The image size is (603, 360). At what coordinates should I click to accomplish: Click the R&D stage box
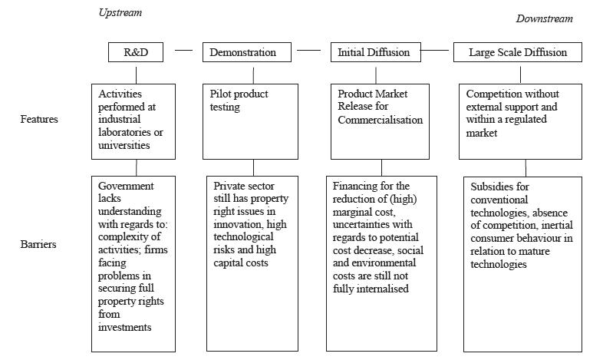tap(136, 52)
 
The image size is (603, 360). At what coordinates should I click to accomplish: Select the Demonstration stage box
tap(249, 52)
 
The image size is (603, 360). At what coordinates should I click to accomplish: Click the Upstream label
tap(120, 13)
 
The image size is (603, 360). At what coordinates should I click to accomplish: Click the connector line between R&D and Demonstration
tap(183, 51)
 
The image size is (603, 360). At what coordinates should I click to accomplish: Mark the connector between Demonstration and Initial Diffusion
tap(308, 51)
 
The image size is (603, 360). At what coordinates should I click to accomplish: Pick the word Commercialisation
tap(379, 121)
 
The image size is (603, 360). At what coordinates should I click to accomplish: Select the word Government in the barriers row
tap(126, 187)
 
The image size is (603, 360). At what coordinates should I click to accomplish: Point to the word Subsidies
tap(489, 187)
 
